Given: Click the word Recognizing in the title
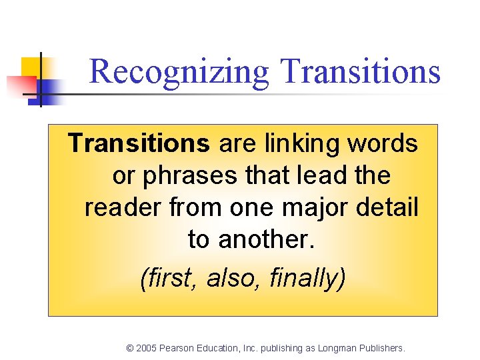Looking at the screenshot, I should pyautogui.click(x=178, y=72).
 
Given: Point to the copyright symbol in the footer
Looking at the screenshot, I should pyautogui.click(x=129, y=348).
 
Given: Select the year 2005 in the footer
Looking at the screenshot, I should pyautogui.click(x=147, y=348).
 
